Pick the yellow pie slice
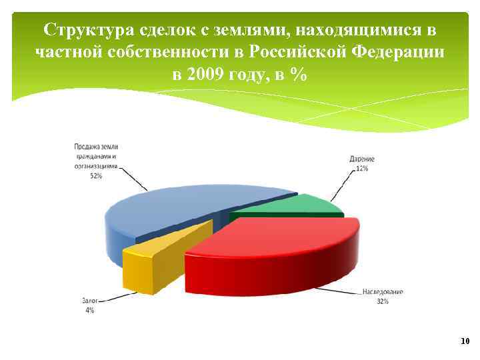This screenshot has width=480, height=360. pos(160,250)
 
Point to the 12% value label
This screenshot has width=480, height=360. pos(362,169)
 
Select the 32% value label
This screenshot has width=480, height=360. pos(382,301)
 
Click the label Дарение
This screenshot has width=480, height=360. pos(362,159)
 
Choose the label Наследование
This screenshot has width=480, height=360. pos(383,292)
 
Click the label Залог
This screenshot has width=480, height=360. pos(89,301)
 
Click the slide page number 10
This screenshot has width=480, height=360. pos(465,341)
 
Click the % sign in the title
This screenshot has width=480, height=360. pos(299,74)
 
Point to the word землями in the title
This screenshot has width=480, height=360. pos(252,30)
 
